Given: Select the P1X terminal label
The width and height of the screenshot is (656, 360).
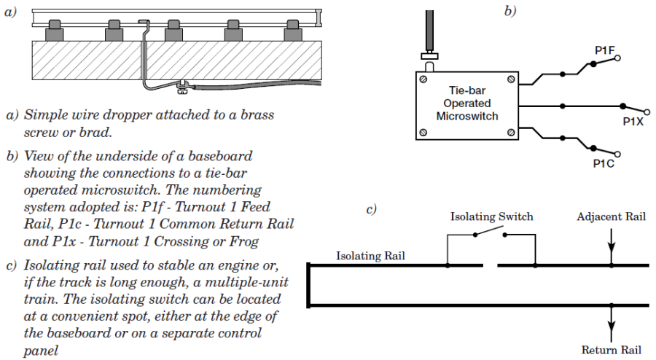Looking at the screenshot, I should click(x=632, y=121).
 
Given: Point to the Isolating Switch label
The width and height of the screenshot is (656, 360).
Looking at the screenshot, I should click(x=491, y=216).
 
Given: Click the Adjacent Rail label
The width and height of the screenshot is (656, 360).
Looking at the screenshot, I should click(x=611, y=216).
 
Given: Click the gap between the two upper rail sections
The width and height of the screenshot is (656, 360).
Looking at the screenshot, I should click(x=490, y=266).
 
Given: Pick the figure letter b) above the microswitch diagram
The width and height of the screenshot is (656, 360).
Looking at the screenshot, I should click(x=509, y=11).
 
